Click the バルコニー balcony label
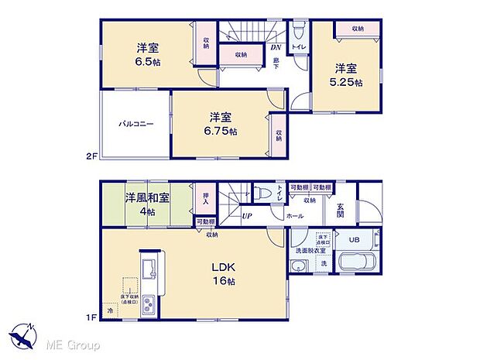click(x=135, y=123)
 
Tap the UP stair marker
click(x=247, y=216)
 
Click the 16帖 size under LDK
click(x=222, y=280)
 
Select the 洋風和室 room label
click(x=147, y=197)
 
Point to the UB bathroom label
click(x=354, y=239)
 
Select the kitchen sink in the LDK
click(x=149, y=270)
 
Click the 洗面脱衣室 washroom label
click(x=309, y=252)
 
